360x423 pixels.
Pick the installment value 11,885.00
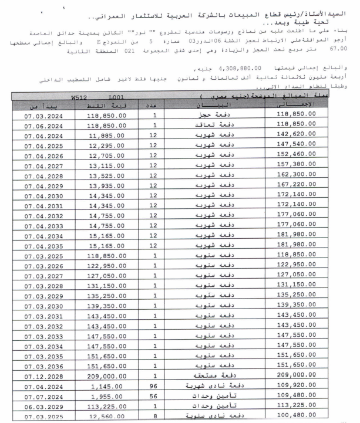click(x=106, y=137)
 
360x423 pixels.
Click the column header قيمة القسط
click(x=106, y=106)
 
